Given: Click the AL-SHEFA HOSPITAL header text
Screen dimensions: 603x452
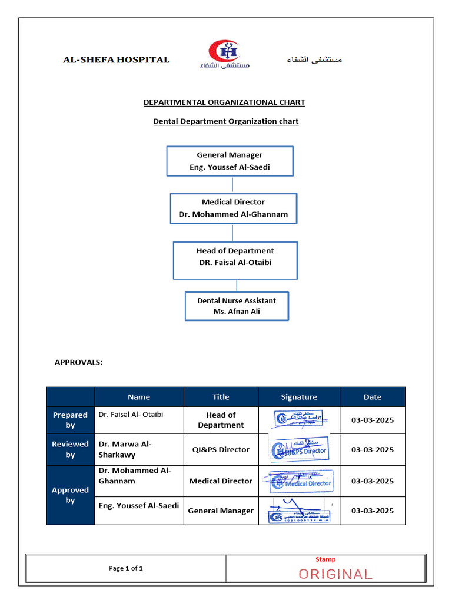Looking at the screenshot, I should click(117, 59).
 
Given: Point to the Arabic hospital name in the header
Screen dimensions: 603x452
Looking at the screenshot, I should click(314, 59).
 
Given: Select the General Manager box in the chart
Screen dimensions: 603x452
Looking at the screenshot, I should click(230, 161).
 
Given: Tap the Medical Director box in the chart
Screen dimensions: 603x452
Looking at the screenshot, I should click(234, 208).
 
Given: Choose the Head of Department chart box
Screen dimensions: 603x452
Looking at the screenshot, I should click(235, 260).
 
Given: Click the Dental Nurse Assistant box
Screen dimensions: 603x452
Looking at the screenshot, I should click(237, 306).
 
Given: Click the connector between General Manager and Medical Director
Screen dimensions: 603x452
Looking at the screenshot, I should click(232, 184).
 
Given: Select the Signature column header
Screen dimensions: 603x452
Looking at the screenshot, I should click(299, 397).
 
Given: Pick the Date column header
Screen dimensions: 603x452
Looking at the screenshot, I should click(373, 397).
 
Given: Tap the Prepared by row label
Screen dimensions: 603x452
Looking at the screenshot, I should click(71, 420).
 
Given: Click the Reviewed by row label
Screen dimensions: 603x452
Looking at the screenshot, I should click(71, 449).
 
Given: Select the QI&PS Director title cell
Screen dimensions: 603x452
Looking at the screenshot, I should click(221, 449).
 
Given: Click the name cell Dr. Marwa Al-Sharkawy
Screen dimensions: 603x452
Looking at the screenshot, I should click(139, 449).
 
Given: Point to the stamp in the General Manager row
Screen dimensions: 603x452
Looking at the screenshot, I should click(299, 511).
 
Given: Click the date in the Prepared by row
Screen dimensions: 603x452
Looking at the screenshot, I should click(373, 420).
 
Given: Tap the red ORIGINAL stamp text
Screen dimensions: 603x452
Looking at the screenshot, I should click(335, 574).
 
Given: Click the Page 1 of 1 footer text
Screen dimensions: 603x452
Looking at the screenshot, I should click(126, 568).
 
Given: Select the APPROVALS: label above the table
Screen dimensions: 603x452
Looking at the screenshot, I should click(78, 362).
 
